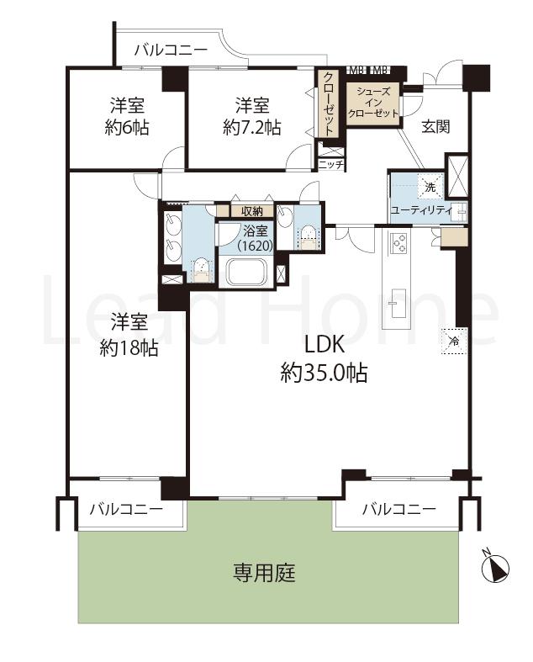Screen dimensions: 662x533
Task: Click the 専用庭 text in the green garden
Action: tap(264, 575)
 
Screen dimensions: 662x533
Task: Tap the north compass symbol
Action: tap(497, 569)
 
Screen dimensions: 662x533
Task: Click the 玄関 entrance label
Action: tap(435, 127)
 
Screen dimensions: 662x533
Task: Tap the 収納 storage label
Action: tap(252, 211)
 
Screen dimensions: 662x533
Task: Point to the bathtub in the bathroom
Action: tap(246, 273)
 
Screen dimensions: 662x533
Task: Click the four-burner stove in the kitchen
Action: tap(398, 243)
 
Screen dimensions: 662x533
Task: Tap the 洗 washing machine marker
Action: tap(430, 186)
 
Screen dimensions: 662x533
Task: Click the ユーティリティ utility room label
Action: tap(420, 209)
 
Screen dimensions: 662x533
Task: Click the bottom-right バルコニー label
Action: tap(398, 509)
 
